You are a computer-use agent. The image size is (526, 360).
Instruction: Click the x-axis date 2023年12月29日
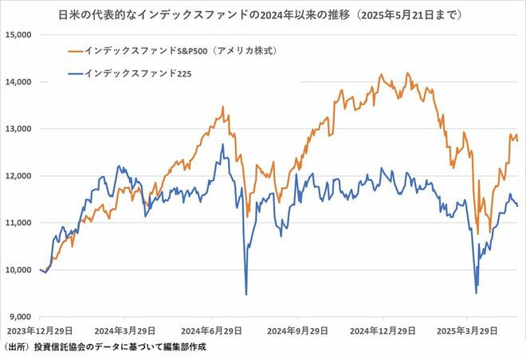pyautogui.click(x=39, y=328)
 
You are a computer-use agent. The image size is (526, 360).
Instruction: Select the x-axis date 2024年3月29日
pyautogui.click(x=124, y=328)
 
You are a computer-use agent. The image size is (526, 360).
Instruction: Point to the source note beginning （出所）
pyautogui.click(x=104, y=347)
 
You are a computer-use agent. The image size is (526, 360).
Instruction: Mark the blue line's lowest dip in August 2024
pyautogui.click(x=246, y=294)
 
